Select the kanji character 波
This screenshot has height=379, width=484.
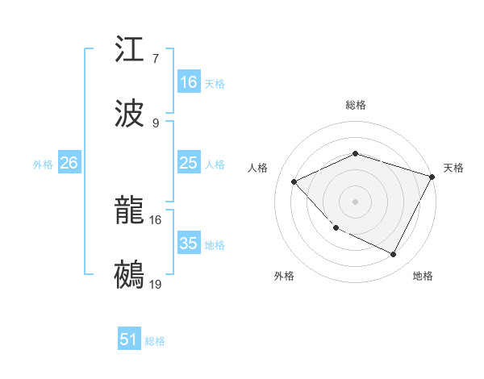pyautogui.click(x=130, y=114)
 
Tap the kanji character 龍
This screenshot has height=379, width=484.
pyautogui.click(x=130, y=210)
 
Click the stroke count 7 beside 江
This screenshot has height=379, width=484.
pyautogui.click(x=156, y=59)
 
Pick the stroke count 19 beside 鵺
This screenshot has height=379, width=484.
pyautogui.click(x=156, y=284)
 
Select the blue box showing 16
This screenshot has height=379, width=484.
pyautogui.click(x=189, y=82)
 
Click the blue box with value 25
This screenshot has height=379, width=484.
pyautogui.click(x=189, y=163)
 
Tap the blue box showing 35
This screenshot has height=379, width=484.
pyautogui.click(x=189, y=244)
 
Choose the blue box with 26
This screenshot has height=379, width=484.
pyautogui.click(x=69, y=163)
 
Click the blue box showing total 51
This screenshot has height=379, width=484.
pyautogui.click(x=129, y=339)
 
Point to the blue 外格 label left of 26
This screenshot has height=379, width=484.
pyautogui.click(x=43, y=165)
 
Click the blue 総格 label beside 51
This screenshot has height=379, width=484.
pyautogui.click(x=155, y=341)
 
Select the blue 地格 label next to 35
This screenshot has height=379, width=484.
pyautogui.click(x=215, y=245)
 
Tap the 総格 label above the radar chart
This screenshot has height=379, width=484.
pyautogui.click(x=356, y=105)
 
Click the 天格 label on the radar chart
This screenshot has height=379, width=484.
pyautogui.click(x=453, y=168)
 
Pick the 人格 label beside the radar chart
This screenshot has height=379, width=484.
pyautogui.click(x=258, y=168)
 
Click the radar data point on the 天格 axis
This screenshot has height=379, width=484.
pyautogui.click(x=432, y=176)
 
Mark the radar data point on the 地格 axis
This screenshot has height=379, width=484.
pyautogui.click(x=394, y=255)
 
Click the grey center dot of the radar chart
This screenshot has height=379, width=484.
pyautogui.click(x=355, y=201)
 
